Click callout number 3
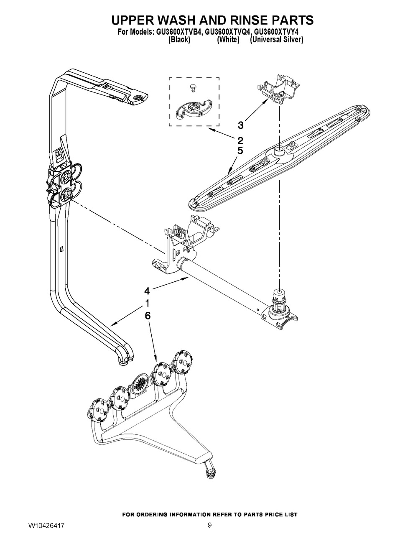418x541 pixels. click(x=240, y=124)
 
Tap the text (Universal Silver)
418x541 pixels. click(x=276, y=40)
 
